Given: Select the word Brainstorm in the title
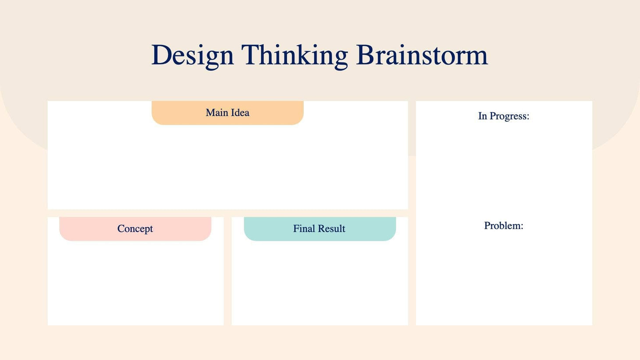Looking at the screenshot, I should [422, 55].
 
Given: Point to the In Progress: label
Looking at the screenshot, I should [504, 116].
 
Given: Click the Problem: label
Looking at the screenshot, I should [504, 225].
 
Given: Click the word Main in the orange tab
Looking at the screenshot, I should [217, 113].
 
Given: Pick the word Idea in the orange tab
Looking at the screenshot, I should [240, 113].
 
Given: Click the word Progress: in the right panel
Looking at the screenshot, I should [509, 116].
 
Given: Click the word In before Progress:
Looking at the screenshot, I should [482, 116].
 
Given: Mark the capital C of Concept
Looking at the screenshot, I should [121, 228].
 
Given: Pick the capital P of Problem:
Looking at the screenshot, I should [487, 225].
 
